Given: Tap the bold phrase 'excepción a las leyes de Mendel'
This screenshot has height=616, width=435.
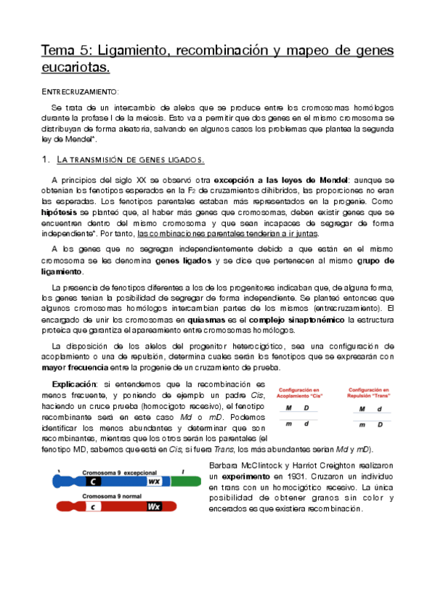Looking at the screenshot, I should click(277, 179).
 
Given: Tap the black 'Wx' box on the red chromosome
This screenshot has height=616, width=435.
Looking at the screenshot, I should click(155, 506).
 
